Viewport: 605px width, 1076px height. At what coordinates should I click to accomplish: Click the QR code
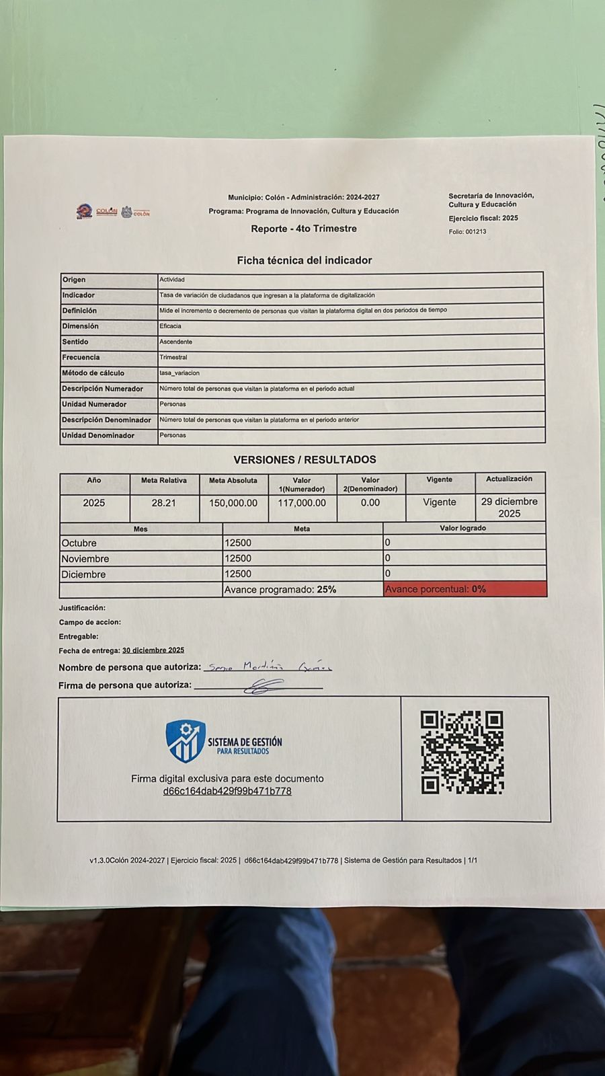[x=462, y=753]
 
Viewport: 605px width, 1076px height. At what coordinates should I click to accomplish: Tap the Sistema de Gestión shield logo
[x=186, y=741]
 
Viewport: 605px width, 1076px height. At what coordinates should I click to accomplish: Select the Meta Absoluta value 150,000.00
[x=233, y=503]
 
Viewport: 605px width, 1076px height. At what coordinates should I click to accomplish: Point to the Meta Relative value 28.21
[x=163, y=503]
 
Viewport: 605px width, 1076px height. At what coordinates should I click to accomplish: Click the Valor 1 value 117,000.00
[x=302, y=503]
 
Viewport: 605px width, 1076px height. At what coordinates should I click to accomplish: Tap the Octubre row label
[x=79, y=543]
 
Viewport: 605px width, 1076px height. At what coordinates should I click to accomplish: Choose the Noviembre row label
[x=85, y=559]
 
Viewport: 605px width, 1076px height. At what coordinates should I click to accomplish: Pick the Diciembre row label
[x=83, y=574]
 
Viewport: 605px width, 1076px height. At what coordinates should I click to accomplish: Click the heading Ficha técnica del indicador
[x=304, y=260]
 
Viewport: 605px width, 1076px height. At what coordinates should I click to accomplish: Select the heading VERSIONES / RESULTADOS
[x=305, y=460]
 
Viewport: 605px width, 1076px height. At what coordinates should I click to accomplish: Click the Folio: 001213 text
[x=467, y=232]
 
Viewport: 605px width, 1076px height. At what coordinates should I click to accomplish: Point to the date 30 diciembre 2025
[x=153, y=650]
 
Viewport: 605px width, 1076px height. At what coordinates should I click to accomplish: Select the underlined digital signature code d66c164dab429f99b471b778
[x=227, y=792]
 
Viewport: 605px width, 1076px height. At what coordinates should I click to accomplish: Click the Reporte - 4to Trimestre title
[x=304, y=229]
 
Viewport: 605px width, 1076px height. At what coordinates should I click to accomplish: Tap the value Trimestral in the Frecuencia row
[x=173, y=358]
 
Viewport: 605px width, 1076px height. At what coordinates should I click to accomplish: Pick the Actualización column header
[x=509, y=479]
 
